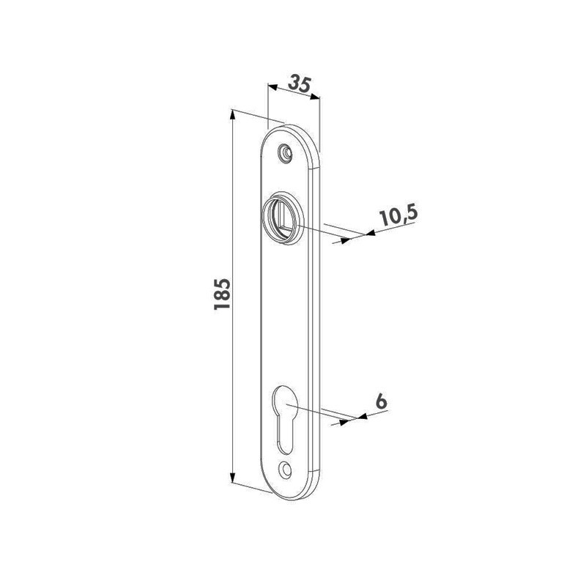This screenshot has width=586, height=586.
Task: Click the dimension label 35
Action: [x=300, y=84]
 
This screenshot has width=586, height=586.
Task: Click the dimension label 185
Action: [x=222, y=294]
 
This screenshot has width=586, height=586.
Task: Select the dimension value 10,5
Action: [x=398, y=217]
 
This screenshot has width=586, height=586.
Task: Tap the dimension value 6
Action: [x=381, y=401]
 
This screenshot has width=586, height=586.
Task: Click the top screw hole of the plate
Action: [x=286, y=153]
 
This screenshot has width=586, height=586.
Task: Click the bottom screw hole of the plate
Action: [x=286, y=469]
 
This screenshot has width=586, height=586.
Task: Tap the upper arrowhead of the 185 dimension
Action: [x=232, y=114]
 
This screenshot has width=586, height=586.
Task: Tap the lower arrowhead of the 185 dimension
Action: [x=232, y=478]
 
